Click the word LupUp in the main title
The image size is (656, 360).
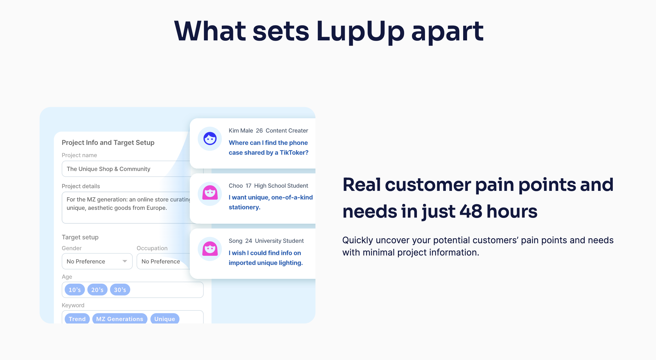coord(360,31)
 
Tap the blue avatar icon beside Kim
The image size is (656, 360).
coord(210,138)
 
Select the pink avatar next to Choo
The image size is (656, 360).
coord(210,193)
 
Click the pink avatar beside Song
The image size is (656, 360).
coord(210,249)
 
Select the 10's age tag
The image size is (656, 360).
coord(75,290)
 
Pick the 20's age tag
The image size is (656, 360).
coord(97,290)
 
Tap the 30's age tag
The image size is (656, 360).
coord(120,290)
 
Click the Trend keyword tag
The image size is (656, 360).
coord(77,319)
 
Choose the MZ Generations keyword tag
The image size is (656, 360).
coord(120,319)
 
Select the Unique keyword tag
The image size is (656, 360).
coord(165,319)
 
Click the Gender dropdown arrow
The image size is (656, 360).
coord(125,261)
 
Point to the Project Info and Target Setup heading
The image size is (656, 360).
coord(108,142)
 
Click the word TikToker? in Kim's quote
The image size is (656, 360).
coord(294,152)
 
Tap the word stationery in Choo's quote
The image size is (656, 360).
coord(244,207)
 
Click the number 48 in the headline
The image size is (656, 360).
coord(471,211)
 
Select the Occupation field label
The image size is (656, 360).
coord(152,248)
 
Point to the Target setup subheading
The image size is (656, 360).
coord(80,237)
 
